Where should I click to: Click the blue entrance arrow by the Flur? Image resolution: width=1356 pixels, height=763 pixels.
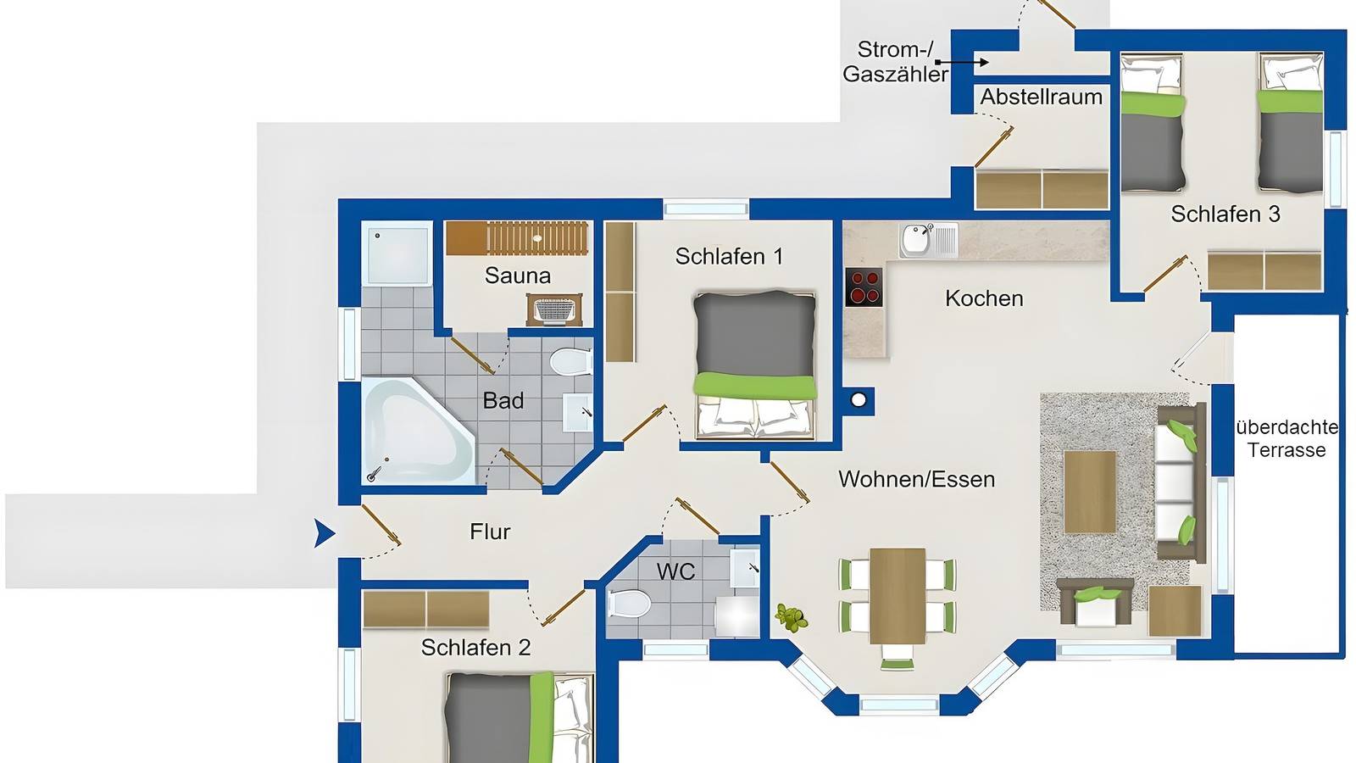[x=324, y=533]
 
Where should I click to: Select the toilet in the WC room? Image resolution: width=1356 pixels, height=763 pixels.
[x=628, y=604]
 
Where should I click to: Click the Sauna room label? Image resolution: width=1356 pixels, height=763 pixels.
[x=517, y=276]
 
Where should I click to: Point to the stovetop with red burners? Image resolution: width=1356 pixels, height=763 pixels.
[x=864, y=287]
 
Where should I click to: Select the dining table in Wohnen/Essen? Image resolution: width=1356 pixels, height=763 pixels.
[x=897, y=595]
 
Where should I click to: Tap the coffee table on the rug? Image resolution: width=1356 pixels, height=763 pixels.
[x=1089, y=492]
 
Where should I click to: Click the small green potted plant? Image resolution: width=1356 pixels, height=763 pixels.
[x=792, y=618]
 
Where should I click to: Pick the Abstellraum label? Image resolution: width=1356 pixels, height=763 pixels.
[x=1041, y=97]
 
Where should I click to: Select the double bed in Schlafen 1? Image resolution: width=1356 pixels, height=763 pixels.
[x=754, y=365]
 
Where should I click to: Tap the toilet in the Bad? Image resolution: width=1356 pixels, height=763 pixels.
[x=570, y=363]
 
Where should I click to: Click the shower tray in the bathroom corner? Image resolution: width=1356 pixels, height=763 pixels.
[x=397, y=253]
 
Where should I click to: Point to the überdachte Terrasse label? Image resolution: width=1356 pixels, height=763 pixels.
[x=1286, y=438]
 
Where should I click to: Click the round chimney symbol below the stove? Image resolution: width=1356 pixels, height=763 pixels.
[x=859, y=400]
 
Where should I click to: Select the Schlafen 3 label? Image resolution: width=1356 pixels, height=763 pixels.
[x=1225, y=214]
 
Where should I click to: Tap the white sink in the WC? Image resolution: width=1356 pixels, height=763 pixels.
[x=745, y=568]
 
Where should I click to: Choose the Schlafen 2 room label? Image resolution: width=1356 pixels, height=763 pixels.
[x=475, y=648]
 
